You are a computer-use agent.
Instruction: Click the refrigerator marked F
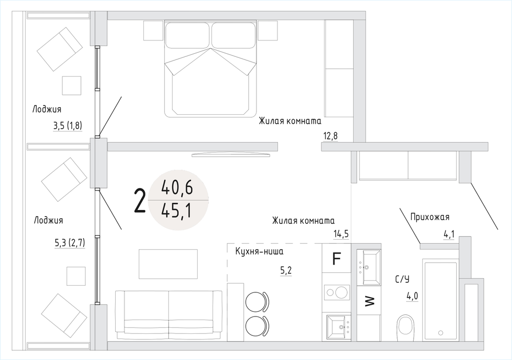(x=336, y=259)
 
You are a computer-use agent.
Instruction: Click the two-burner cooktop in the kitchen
(x=337, y=292)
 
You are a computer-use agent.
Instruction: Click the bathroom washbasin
(x=369, y=267)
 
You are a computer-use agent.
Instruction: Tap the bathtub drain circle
(x=441, y=333)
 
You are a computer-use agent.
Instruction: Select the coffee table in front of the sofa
(x=168, y=264)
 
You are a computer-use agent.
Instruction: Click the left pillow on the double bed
(x=187, y=35)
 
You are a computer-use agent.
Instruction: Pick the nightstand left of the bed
(x=153, y=30)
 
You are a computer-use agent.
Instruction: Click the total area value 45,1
(x=177, y=211)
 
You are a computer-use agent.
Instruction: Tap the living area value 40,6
(x=177, y=188)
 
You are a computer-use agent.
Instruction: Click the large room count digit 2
(x=140, y=202)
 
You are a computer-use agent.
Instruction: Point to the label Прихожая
(x=430, y=217)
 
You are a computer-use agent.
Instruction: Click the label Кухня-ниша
(x=259, y=251)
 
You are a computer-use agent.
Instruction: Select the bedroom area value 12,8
(x=330, y=136)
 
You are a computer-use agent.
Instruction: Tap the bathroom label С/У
(x=402, y=279)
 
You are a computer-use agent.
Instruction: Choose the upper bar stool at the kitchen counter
(x=257, y=302)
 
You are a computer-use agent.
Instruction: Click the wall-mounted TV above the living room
(x=231, y=155)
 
